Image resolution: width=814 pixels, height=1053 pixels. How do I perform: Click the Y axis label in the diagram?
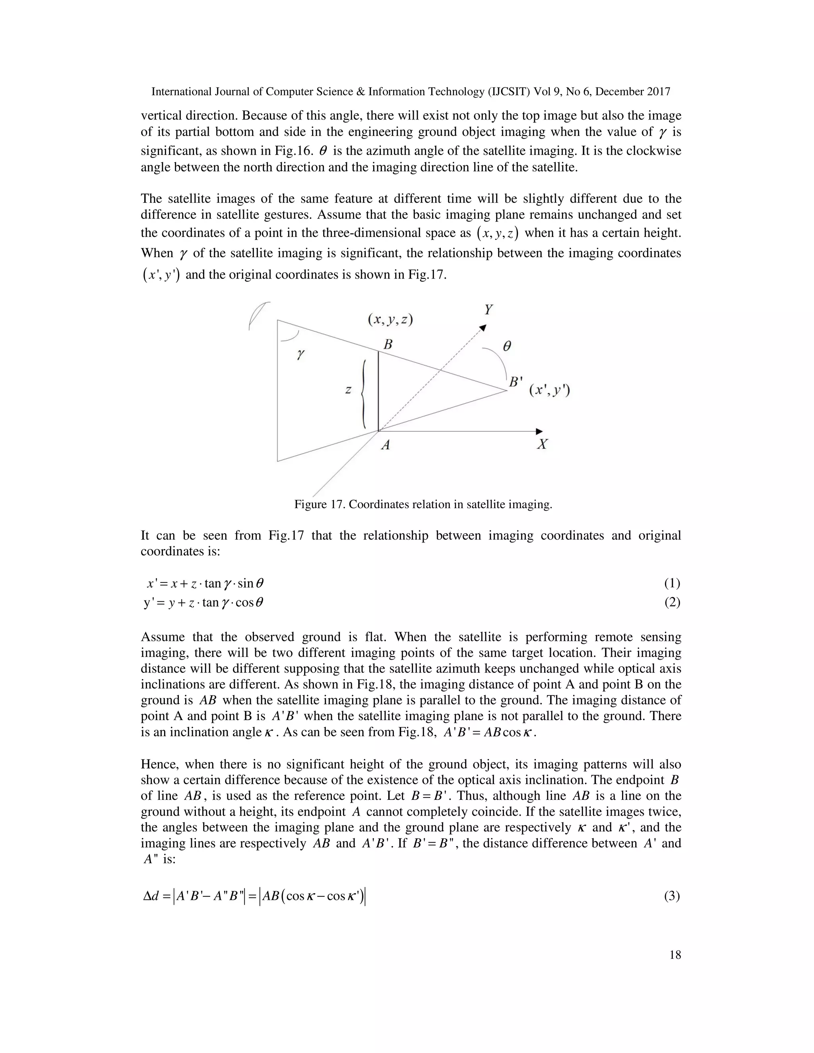point(488,310)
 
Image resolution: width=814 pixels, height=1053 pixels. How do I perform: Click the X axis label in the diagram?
point(543,444)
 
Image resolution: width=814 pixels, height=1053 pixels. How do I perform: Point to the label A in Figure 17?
point(385,445)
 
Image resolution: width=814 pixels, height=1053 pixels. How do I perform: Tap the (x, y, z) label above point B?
point(391,320)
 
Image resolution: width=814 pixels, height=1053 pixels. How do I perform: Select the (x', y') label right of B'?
point(550,390)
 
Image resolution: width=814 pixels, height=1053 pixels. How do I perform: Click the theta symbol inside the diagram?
point(507,346)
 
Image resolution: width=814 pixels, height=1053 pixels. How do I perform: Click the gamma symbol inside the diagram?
point(300,354)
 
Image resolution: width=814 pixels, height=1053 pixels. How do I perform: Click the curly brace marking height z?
point(363,393)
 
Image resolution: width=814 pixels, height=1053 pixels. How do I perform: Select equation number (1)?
point(672,583)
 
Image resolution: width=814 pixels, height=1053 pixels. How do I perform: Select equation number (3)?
point(672,896)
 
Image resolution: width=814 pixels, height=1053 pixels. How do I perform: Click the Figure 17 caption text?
point(423,504)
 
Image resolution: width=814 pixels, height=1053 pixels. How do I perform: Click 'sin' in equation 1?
point(245,584)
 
